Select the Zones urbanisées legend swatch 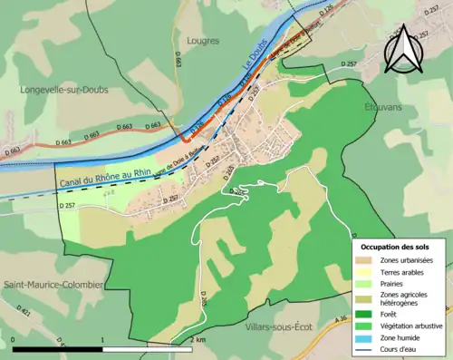(367, 261)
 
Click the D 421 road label (24, 313)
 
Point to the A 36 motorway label (341, 318)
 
